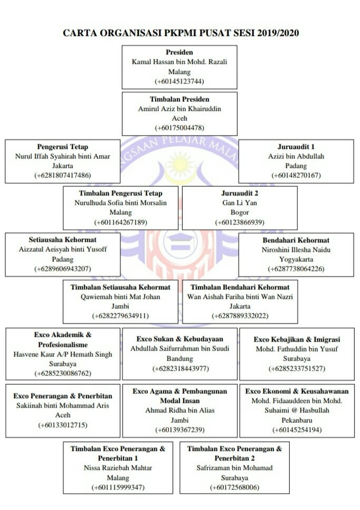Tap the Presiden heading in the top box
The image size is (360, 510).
point(179,52)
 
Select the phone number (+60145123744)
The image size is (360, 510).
point(179,81)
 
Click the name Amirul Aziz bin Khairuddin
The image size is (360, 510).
point(179,109)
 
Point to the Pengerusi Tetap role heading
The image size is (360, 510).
point(62,147)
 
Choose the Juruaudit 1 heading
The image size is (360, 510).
point(296,147)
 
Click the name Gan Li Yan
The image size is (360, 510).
point(240,203)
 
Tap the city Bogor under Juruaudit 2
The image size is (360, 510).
point(240,212)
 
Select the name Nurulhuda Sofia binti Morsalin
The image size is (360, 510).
point(120,203)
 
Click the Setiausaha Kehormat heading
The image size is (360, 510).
point(62,240)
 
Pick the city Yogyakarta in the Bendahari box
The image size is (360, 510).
point(296,259)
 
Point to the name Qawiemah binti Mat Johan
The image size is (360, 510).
point(120,297)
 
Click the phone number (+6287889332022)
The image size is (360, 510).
point(240,316)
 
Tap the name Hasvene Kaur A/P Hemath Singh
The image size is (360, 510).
point(62,354)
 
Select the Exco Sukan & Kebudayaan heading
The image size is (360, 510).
point(179,339)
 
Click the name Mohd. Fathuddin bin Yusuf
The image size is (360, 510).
point(297,349)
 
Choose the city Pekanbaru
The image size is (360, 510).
point(297,420)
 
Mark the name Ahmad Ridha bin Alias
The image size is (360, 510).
point(179,410)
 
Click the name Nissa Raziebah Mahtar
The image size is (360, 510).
point(118,468)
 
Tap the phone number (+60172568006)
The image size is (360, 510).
point(234,487)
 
